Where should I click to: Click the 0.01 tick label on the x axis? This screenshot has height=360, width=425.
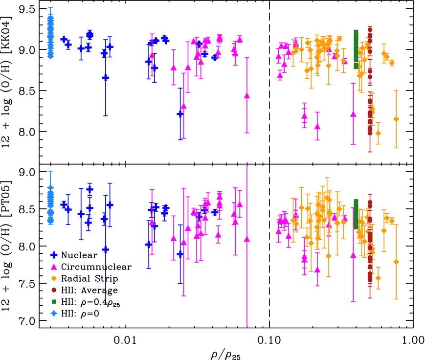[126, 338]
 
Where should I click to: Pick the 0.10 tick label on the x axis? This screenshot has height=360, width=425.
[269, 338]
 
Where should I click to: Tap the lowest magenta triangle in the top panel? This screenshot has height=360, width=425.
[317, 126]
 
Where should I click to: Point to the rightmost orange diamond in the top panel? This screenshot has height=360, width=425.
[396, 119]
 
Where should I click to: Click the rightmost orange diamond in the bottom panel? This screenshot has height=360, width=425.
[396, 262]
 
